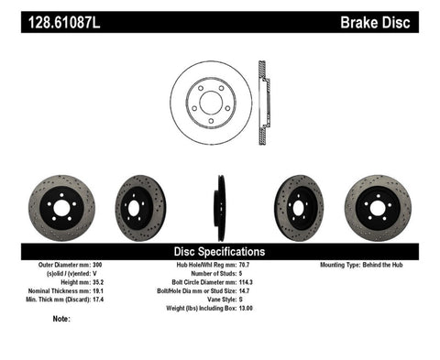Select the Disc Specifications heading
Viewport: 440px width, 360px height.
point(220,250)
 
